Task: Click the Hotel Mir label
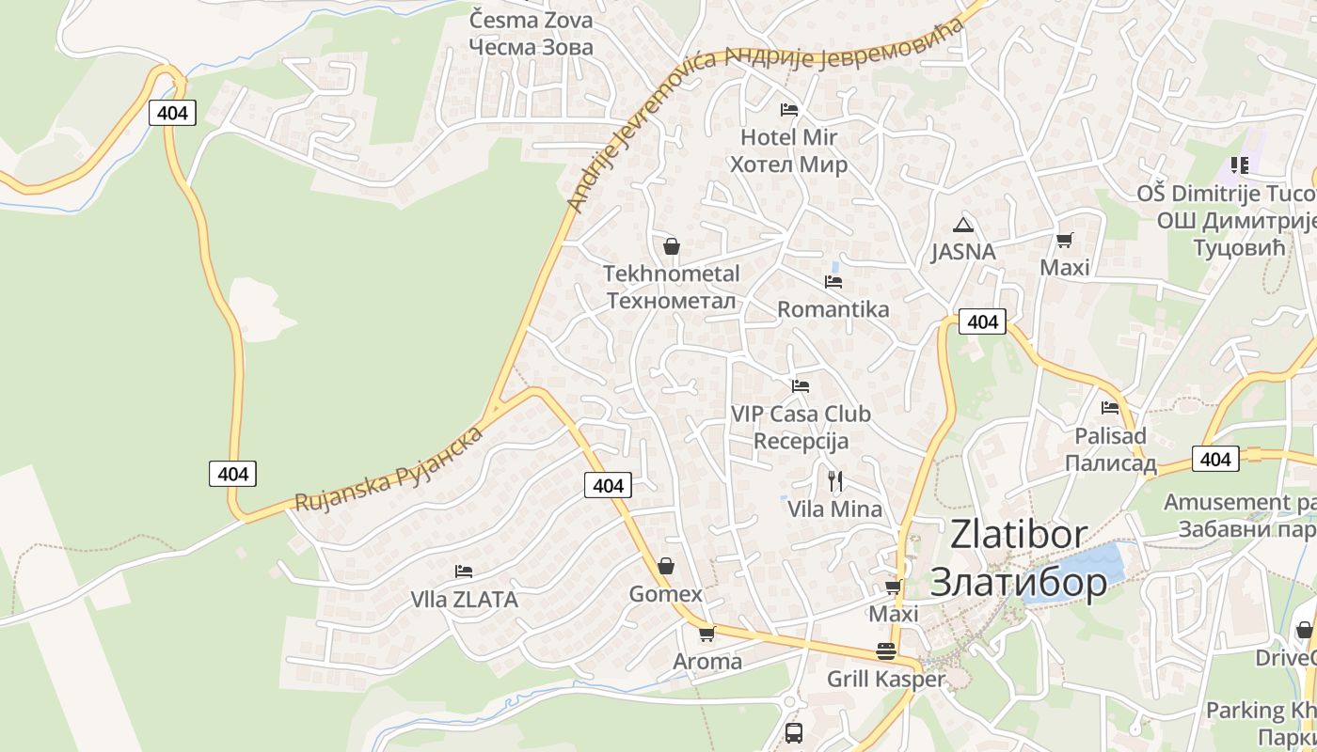pos(788,138)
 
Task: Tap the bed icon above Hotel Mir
pos(789,110)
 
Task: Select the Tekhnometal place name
pos(671,274)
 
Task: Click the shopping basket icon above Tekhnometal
pos(672,246)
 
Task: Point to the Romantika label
pos(833,309)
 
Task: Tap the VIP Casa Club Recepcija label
pos(801,427)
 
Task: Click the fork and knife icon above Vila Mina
pos(834,481)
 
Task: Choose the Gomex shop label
pos(665,594)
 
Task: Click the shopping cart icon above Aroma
pos(706,634)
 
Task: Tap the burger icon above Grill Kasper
pos(885,650)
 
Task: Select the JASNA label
pos(963,252)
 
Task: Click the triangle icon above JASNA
pos(961,225)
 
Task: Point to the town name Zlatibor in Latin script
pos(1019,534)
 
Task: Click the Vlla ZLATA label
pos(464,600)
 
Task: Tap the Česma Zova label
pos(531,20)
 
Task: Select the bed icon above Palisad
pos(1110,408)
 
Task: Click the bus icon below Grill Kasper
pos(793,732)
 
